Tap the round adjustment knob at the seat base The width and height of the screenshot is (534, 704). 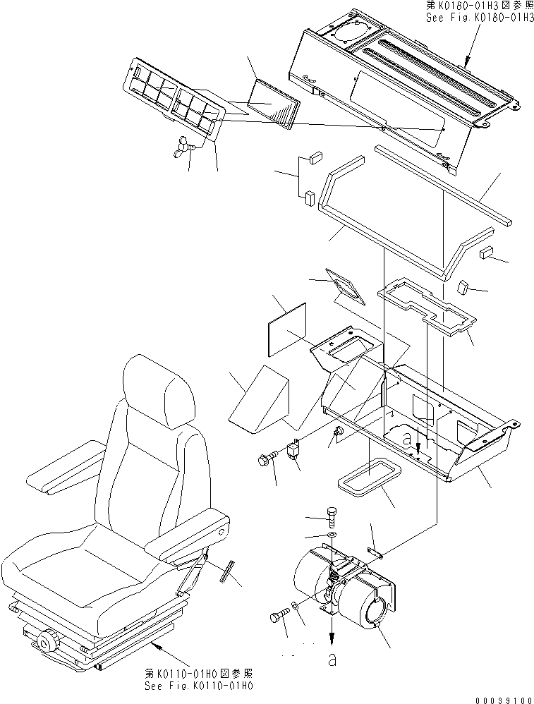point(46,643)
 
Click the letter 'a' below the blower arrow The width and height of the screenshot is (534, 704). point(329,661)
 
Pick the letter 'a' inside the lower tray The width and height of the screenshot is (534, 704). point(407,438)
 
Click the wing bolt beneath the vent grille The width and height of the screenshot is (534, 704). point(186,146)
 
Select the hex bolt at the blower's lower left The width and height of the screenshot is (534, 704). point(279,617)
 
